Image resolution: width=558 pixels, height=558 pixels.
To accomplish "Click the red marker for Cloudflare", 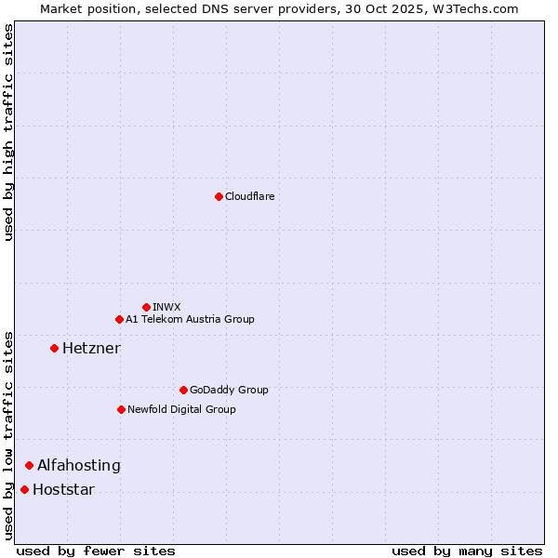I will click(219, 196).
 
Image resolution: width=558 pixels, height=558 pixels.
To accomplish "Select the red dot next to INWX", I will click(146, 307).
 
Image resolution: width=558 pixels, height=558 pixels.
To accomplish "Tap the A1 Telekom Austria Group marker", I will click(119, 319).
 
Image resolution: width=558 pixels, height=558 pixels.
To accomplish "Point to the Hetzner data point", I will click(54, 348).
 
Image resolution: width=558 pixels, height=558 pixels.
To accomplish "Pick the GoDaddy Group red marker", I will click(183, 390).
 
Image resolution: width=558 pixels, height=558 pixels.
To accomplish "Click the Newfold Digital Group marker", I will click(121, 409).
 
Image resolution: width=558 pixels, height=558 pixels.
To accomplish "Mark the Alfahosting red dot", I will click(29, 465).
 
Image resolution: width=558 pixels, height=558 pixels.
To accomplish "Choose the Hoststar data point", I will click(24, 489).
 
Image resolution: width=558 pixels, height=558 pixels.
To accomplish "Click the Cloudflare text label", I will click(250, 196).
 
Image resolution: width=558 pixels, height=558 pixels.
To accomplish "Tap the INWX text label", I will click(166, 307).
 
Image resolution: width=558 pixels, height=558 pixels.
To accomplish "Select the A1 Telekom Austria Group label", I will click(190, 319).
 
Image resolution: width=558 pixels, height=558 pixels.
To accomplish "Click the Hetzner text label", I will click(91, 348).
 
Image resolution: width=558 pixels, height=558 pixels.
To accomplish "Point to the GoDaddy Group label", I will click(229, 390).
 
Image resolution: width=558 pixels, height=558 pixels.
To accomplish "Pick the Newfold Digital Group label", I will click(181, 409).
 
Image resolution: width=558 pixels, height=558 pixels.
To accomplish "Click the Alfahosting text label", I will click(79, 465).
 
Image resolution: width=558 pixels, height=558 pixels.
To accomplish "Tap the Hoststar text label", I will click(63, 489).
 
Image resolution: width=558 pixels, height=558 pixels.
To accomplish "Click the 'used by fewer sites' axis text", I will click(96, 551).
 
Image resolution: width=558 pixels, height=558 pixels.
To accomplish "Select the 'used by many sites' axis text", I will click(467, 551).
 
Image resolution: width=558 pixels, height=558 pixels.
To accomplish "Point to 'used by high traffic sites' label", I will click(8, 132).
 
